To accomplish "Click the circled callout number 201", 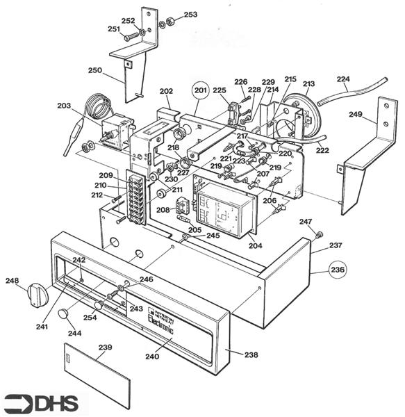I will pyautogui.click(x=200, y=90).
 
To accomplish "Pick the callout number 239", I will pyautogui.click(x=105, y=347).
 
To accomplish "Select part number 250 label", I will pyautogui.click(x=95, y=70).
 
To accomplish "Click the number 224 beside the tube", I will pyautogui.click(x=343, y=79).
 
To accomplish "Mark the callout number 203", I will pyautogui.click(x=64, y=106).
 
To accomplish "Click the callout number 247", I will pyautogui.click(x=306, y=222).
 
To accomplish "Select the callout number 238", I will pyautogui.click(x=251, y=355).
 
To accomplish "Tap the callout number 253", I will pyautogui.click(x=190, y=15).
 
